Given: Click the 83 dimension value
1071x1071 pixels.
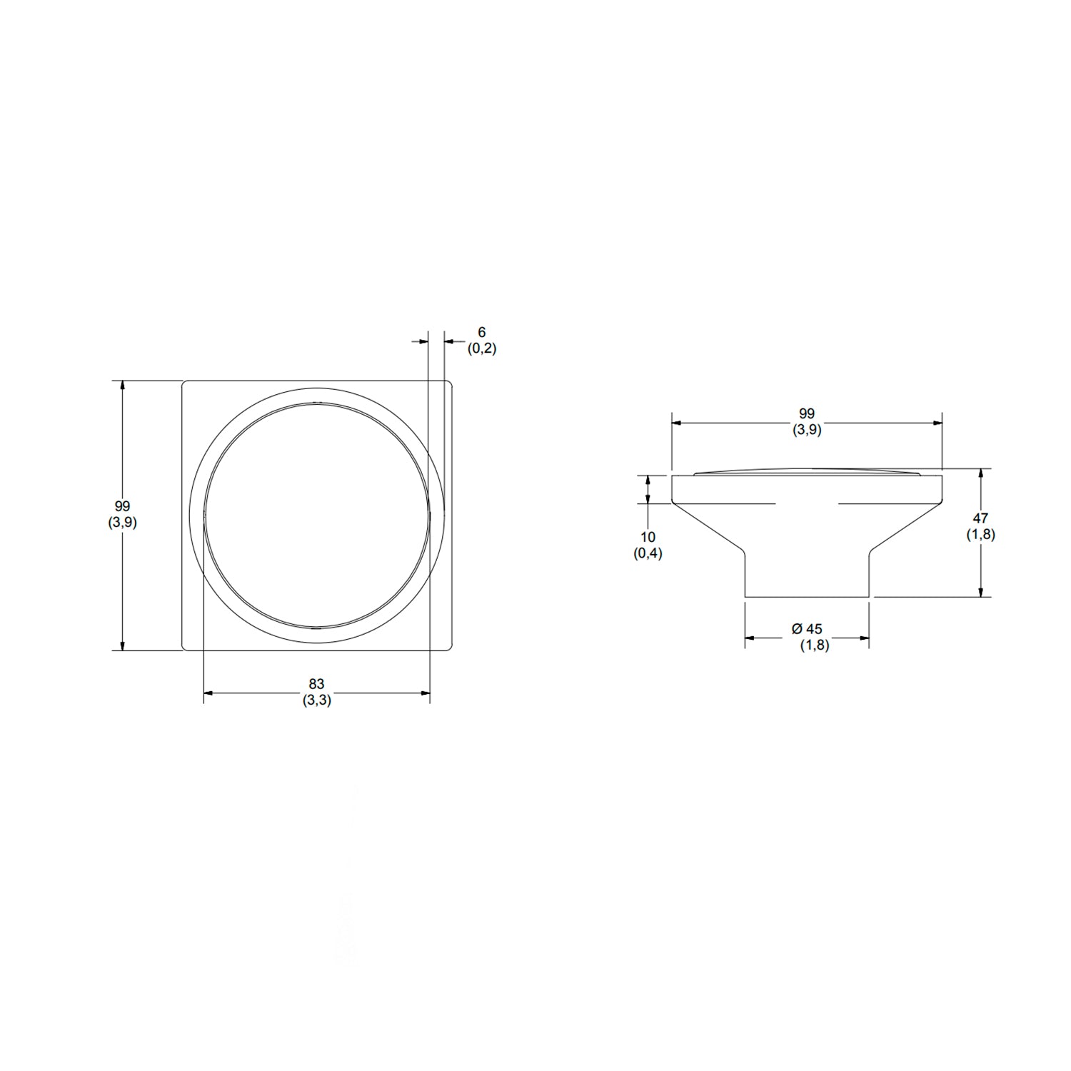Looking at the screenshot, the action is click(x=316, y=685).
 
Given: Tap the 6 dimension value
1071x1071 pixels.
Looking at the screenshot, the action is click(x=482, y=333).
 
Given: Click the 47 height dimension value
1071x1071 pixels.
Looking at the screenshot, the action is click(x=980, y=519).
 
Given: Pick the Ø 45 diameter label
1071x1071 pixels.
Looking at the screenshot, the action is click(x=807, y=629).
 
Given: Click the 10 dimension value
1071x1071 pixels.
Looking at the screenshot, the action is click(x=648, y=537).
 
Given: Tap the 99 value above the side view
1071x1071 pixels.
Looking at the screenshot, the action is click(x=807, y=413).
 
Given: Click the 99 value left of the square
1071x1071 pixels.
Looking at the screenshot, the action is click(x=122, y=506).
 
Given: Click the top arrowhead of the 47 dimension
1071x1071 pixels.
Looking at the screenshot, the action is click(x=981, y=475).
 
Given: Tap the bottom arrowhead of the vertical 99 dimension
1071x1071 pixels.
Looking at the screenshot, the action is click(x=123, y=644).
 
